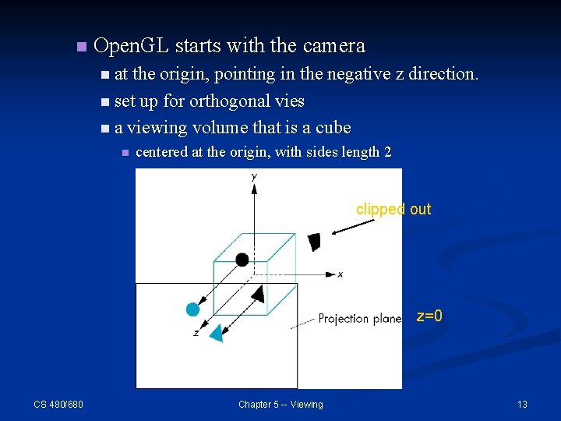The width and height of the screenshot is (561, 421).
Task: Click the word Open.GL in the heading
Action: [131, 46]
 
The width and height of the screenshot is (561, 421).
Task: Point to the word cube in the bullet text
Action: [333, 128]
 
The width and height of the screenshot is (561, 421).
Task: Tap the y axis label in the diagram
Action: [254, 178]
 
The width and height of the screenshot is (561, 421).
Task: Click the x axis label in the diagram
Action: [340, 274]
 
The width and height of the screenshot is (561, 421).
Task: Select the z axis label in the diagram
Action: [195, 334]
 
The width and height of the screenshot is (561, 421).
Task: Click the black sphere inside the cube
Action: [242, 260]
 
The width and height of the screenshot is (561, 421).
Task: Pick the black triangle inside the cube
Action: [257, 294]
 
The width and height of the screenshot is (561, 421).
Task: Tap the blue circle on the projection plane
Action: [193, 310]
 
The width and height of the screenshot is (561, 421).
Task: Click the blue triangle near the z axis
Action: [217, 333]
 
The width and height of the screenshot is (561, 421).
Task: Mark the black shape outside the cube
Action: [314, 242]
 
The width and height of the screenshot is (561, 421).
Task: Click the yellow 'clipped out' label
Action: [393, 210]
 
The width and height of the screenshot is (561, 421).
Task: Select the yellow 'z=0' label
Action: [429, 317]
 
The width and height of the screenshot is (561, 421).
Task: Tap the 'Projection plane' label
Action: [359, 318]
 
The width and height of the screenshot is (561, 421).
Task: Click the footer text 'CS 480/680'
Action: [58, 404]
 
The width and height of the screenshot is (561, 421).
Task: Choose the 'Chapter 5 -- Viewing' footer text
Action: [280, 404]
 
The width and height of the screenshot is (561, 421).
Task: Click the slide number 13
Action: [522, 404]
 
